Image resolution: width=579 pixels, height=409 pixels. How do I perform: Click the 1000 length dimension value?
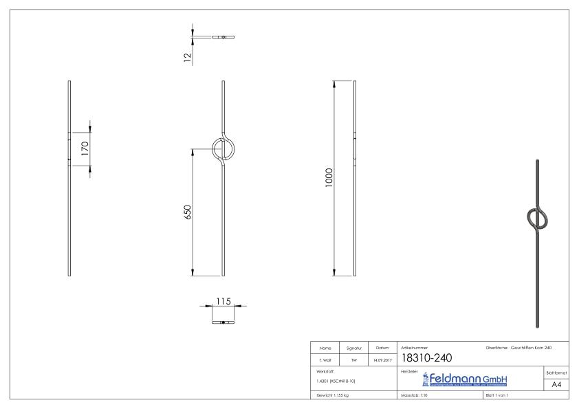pos(329,178)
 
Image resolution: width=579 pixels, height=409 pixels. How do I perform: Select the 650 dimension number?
pos(187,211)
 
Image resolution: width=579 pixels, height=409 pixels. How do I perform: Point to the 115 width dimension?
pos(223,301)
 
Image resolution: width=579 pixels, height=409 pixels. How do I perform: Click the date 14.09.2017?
pos(382,360)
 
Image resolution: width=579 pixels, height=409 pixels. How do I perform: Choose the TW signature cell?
pos(353,360)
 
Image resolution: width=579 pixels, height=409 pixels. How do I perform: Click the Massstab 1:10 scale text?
pos(414,396)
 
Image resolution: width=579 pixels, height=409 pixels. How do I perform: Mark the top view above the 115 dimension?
pos(223,322)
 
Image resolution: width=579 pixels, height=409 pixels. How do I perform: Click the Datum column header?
pos(382,348)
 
